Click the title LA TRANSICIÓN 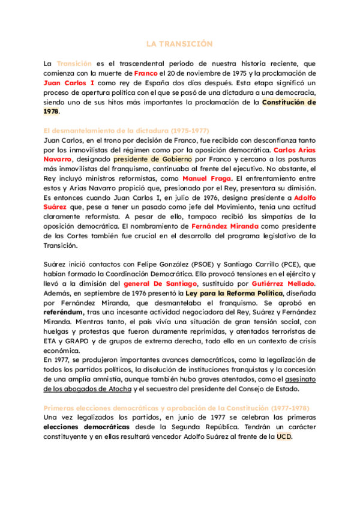[x=179, y=44]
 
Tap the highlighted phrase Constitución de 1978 [x=289, y=102]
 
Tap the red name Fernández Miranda [x=225, y=226]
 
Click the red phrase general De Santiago [x=160, y=283]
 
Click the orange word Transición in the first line [x=74, y=63]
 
